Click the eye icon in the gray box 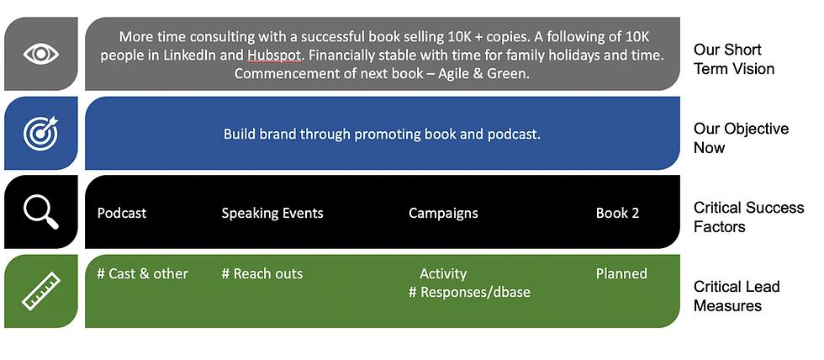[41, 54]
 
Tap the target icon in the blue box [40, 133]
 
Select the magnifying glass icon [40, 212]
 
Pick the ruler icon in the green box [41, 291]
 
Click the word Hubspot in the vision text [274, 56]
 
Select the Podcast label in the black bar [122, 213]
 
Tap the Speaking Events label [272, 214]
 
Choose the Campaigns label [444, 214]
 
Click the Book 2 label [617, 213]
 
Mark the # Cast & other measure [142, 274]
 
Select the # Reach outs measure [262, 274]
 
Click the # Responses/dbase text [469, 292]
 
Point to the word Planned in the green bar [621, 274]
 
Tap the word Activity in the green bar [443, 274]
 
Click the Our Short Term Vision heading [734, 59]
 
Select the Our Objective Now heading [741, 138]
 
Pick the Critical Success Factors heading [749, 217]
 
